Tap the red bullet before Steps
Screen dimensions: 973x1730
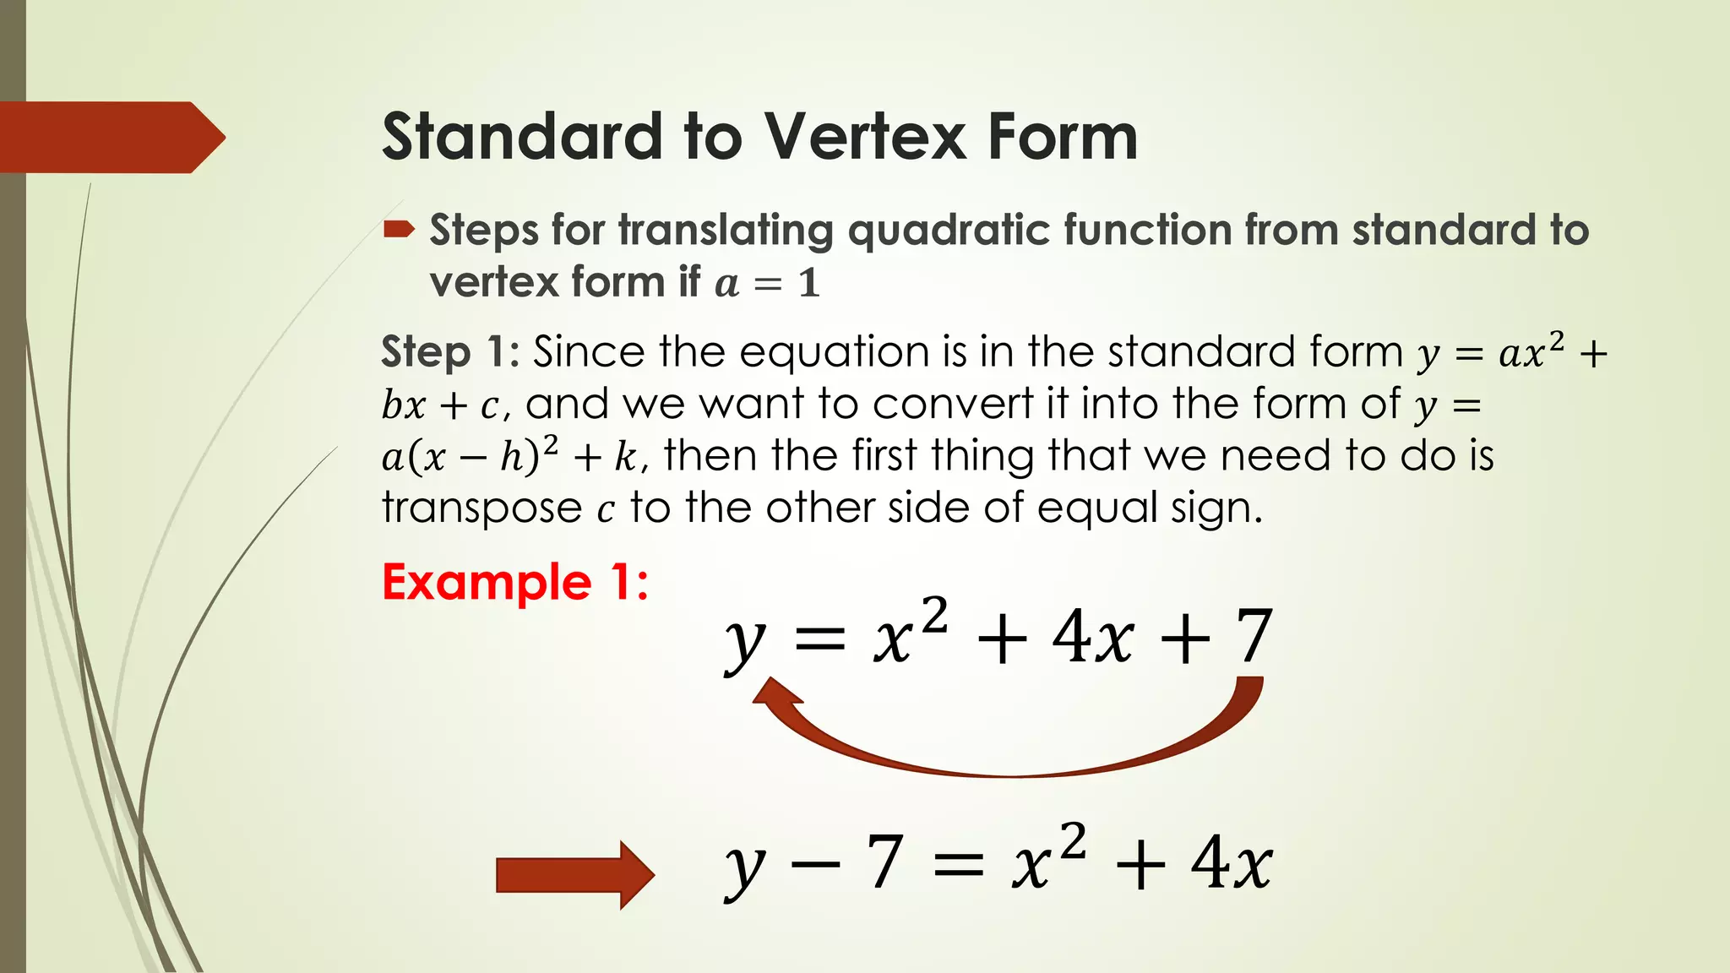point(399,229)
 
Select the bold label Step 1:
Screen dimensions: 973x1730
point(449,351)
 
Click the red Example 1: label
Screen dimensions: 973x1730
point(515,582)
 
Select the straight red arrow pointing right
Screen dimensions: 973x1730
point(574,874)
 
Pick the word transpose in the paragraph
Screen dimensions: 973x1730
point(481,508)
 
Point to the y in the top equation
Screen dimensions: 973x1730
point(745,642)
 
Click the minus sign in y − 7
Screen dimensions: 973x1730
point(816,864)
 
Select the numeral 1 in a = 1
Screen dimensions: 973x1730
point(809,284)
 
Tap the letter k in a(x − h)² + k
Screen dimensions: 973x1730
point(625,457)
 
